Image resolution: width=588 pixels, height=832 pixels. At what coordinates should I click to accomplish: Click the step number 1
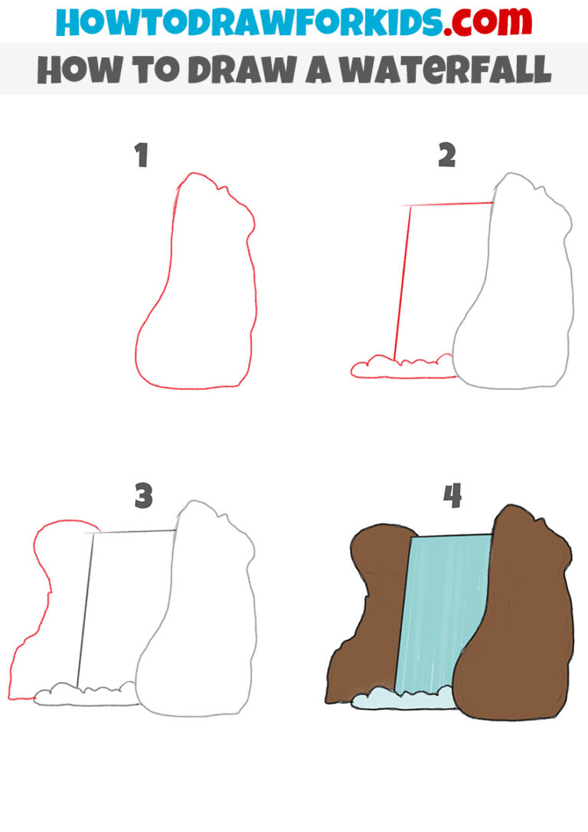(x=141, y=157)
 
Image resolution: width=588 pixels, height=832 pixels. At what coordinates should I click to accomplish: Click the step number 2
(x=447, y=155)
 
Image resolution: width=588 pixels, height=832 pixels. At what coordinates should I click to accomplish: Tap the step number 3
(x=143, y=497)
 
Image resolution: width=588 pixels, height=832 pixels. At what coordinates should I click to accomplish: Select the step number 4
(x=452, y=497)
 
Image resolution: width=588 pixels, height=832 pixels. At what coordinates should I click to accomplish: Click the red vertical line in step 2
(x=402, y=283)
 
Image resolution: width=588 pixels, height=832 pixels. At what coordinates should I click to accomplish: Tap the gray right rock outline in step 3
(x=254, y=612)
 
